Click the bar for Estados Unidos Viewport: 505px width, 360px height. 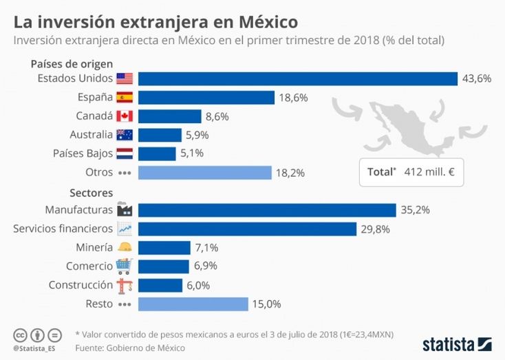(x=298, y=78)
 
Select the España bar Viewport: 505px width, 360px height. (x=206, y=97)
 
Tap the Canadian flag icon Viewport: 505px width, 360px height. (x=125, y=116)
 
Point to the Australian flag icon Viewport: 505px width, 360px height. (x=125, y=135)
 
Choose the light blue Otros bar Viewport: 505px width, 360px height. (x=205, y=172)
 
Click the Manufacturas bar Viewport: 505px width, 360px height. (x=267, y=210)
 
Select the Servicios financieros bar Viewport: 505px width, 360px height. (x=247, y=229)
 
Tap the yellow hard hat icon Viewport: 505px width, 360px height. (x=125, y=248)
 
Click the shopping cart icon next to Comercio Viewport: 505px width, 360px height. (x=125, y=266)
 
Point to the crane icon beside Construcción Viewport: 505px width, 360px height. (x=125, y=285)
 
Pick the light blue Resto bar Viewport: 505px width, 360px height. (x=193, y=304)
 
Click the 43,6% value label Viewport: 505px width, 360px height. (x=476, y=78)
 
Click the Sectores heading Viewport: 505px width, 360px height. (x=91, y=193)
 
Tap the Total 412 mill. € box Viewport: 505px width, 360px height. (x=411, y=171)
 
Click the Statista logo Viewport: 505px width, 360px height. (x=457, y=342)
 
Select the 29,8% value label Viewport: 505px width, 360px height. (x=375, y=229)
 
